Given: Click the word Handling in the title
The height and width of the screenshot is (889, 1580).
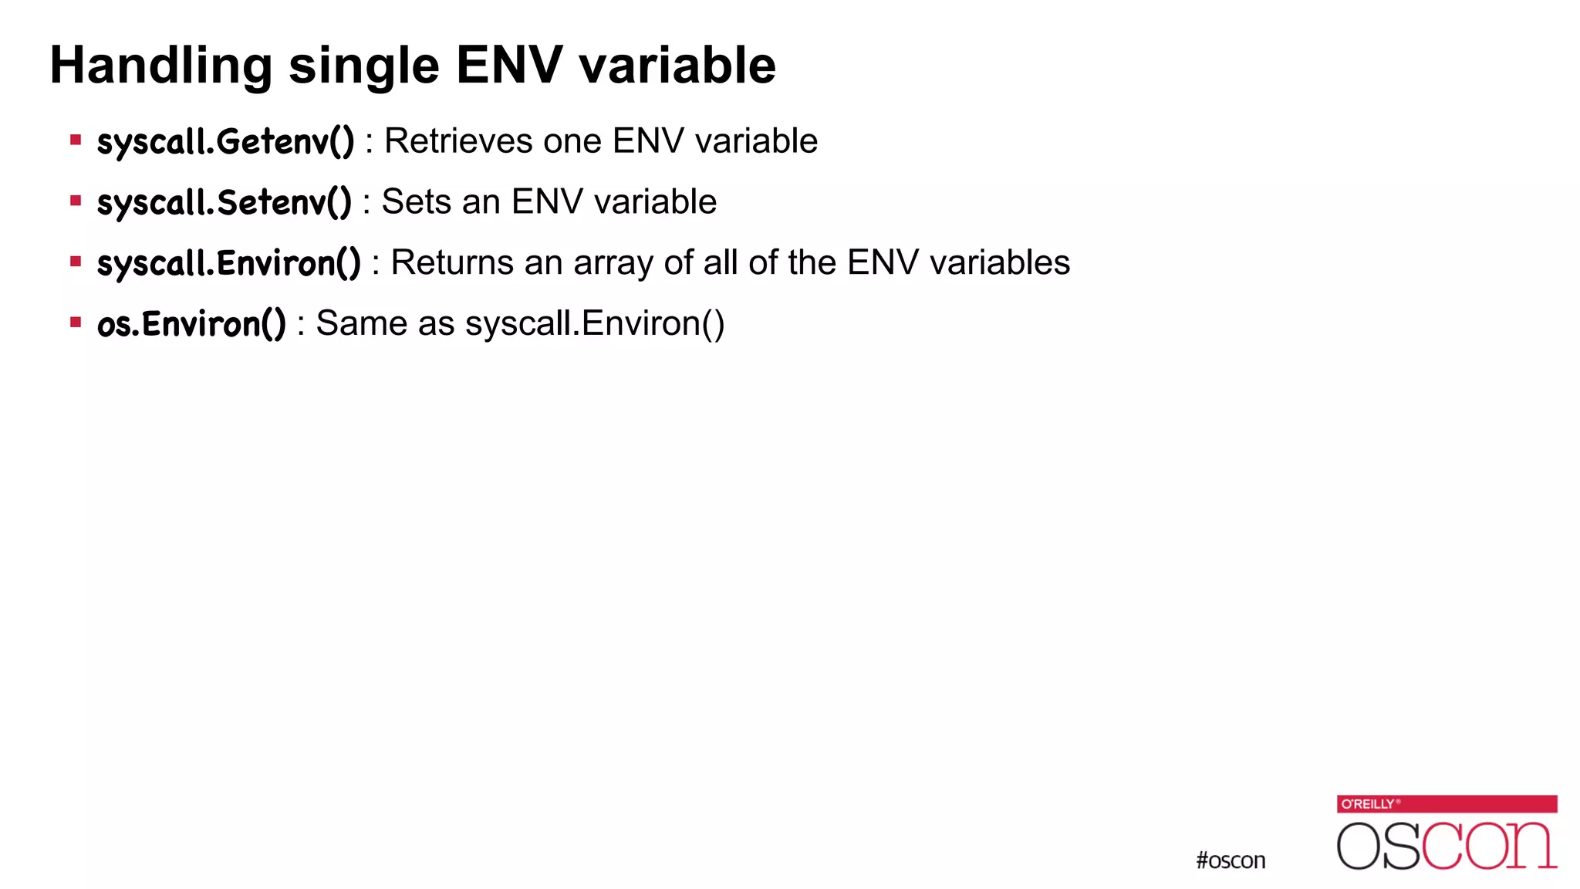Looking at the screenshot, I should click(160, 66).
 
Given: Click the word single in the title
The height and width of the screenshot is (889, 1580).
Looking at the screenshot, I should click(363, 66).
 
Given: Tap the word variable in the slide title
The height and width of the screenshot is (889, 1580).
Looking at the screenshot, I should click(677, 66).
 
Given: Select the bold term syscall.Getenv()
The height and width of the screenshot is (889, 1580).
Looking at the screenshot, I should click(225, 142).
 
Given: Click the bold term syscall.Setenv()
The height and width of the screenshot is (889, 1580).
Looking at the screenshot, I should click(224, 203).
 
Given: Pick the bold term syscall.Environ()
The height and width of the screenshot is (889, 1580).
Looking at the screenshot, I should click(228, 263).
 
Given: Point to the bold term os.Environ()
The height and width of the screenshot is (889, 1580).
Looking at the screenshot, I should click(191, 324).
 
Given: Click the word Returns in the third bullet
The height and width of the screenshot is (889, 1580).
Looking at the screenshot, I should click(452, 262).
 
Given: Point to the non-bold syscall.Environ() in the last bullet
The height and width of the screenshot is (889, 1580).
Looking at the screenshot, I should click(595, 323).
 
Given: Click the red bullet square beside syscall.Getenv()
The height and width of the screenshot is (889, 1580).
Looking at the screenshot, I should click(76, 140).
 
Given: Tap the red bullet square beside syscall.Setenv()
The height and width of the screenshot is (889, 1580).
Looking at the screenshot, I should click(76, 201).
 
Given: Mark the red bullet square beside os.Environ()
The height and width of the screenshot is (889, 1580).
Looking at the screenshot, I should click(76, 323).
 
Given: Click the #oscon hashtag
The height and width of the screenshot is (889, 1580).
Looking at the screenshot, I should click(1231, 860).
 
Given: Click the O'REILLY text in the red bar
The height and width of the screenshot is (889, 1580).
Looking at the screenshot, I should click(1368, 804).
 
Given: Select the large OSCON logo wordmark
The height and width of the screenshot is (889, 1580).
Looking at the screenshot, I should click(1447, 846).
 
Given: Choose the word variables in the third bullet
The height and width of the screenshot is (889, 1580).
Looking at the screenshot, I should click(1000, 262).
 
